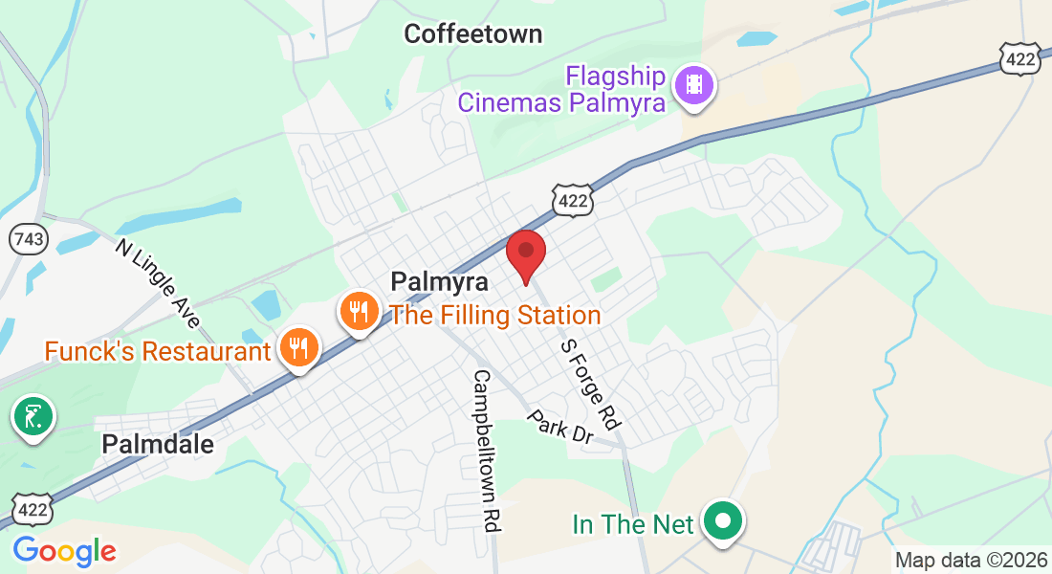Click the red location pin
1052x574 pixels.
tap(525, 253)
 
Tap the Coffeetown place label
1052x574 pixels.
tap(472, 34)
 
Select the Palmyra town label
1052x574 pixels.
tap(440, 282)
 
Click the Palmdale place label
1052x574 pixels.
tap(158, 444)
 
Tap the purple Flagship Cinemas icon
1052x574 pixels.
tap(695, 85)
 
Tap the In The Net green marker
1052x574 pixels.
tap(724, 522)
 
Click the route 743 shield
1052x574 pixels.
tap(29, 239)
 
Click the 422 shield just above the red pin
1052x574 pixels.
tap(573, 200)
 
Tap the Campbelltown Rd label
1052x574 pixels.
tap(486, 451)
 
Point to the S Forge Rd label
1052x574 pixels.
tap(590, 384)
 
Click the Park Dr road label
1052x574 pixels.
tap(560, 427)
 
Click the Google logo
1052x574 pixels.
tap(64, 551)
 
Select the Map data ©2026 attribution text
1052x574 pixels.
tap(971, 560)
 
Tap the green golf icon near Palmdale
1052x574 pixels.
tap(33, 416)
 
